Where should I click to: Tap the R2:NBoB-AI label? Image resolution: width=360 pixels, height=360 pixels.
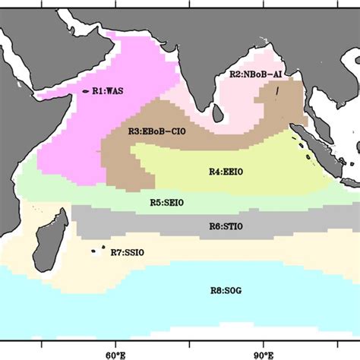click(x=256, y=74)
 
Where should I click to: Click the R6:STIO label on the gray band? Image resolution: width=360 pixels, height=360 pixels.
click(x=225, y=226)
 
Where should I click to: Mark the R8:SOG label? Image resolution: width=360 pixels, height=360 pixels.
click(x=224, y=289)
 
